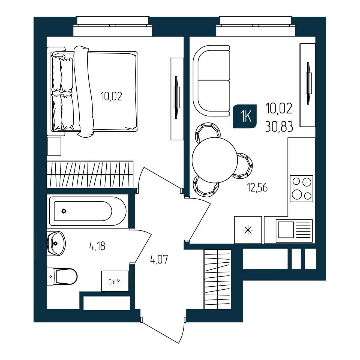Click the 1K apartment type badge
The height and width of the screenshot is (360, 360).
point(245,116)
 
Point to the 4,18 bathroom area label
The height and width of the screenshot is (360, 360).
point(97,246)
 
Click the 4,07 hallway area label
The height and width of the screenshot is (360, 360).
point(159,260)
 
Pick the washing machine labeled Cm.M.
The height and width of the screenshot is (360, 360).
point(115,281)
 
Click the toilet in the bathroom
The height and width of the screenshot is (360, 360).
point(62,277)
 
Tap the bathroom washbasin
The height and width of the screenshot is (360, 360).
point(56,244)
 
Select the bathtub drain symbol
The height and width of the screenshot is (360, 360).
point(64,211)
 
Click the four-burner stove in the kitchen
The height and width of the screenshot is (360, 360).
point(301,189)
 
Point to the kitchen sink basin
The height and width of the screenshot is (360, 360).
point(286,230)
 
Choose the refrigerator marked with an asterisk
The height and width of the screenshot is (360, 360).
point(248,230)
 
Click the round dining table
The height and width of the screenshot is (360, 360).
point(215,160)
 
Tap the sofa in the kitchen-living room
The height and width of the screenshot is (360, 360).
point(211,81)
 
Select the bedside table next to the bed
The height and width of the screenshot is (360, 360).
point(54,146)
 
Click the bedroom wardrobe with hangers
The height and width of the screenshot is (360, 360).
point(90,174)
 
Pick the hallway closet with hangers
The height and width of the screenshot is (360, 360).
point(218,279)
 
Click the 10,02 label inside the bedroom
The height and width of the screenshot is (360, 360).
point(111,96)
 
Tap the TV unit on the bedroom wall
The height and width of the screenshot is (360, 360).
point(176,99)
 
